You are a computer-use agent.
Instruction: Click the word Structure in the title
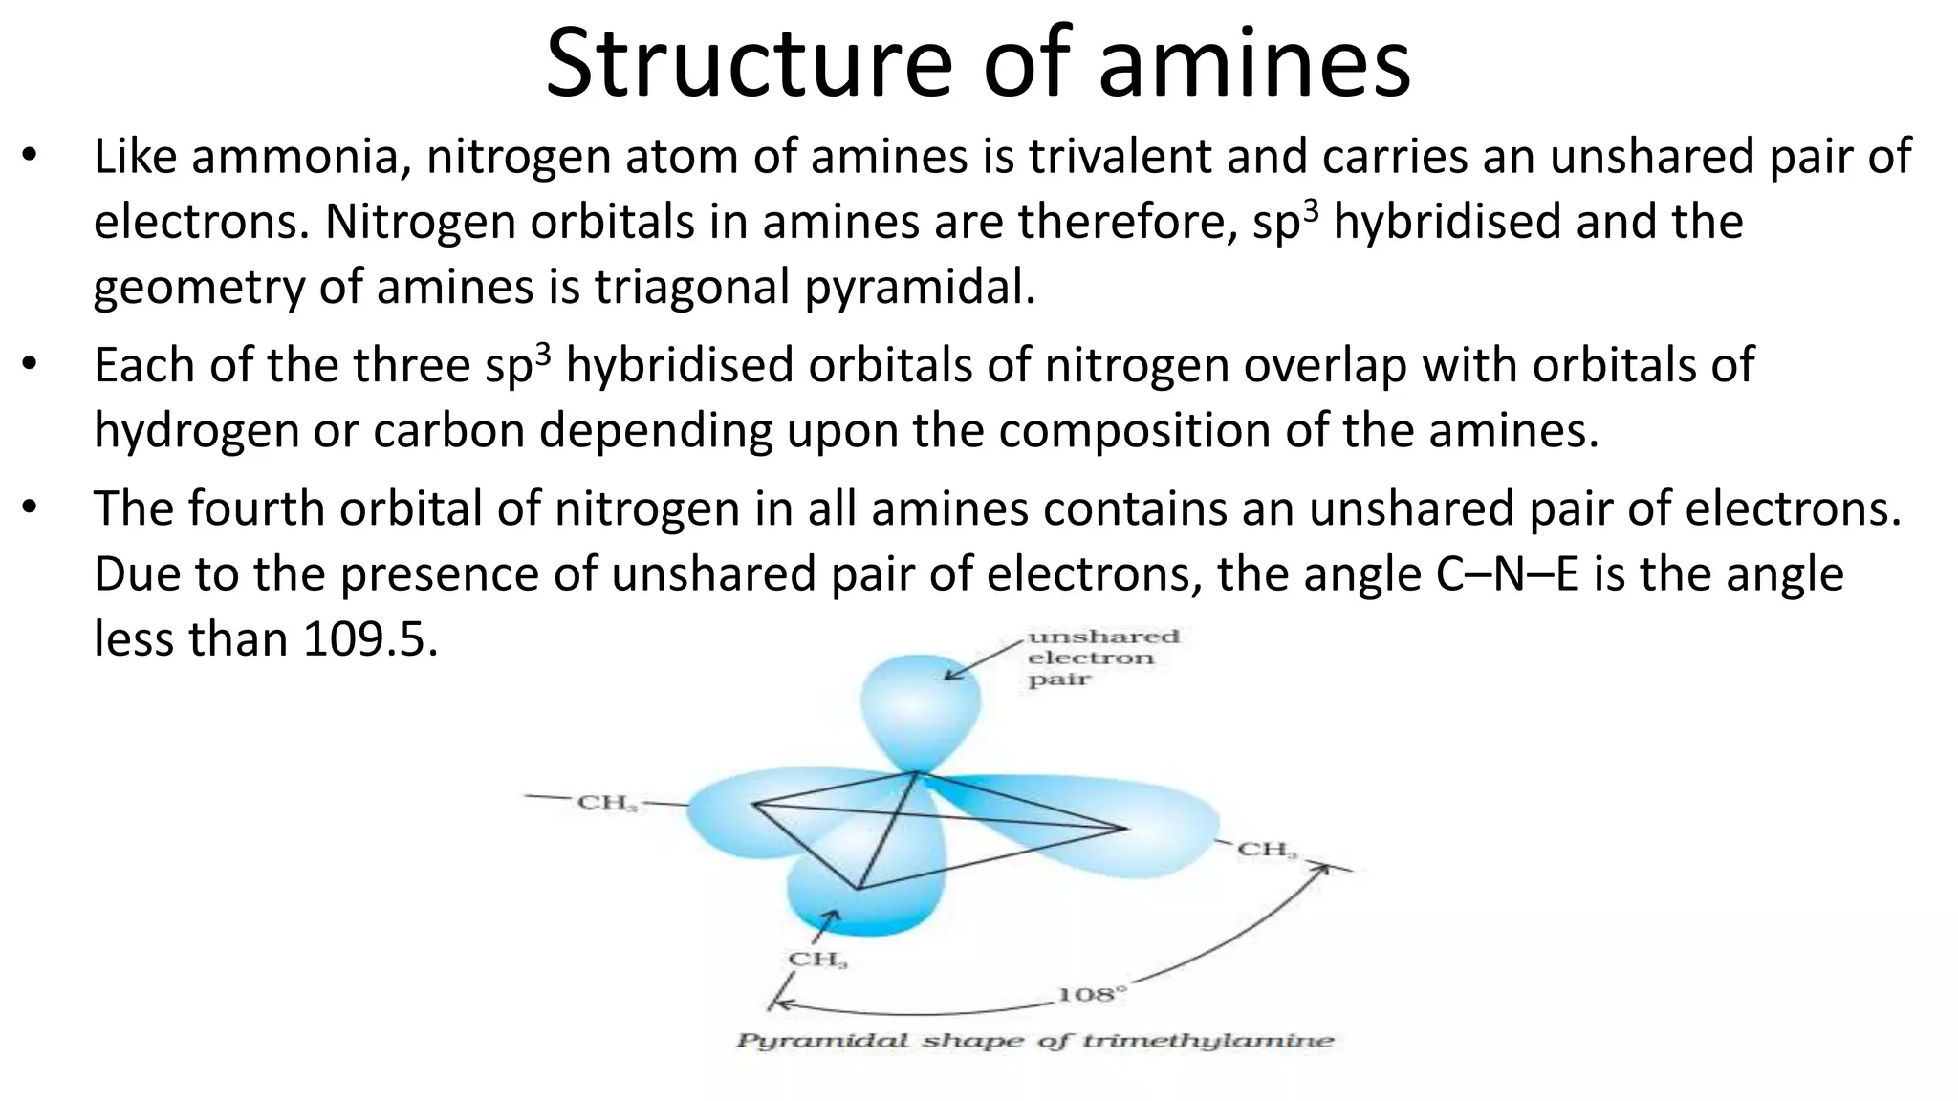[x=749, y=63]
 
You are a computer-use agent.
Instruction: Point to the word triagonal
[x=691, y=287]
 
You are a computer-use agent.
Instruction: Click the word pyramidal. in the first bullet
[x=920, y=287]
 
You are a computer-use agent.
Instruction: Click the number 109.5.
[x=370, y=639]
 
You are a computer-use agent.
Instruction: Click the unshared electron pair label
[x=1101, y=658]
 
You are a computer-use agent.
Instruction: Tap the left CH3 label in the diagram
[x=607, y=803]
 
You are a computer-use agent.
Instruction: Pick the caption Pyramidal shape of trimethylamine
[x=1034, y=1041]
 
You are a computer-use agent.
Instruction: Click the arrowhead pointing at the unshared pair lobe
[x=949, y=676]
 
